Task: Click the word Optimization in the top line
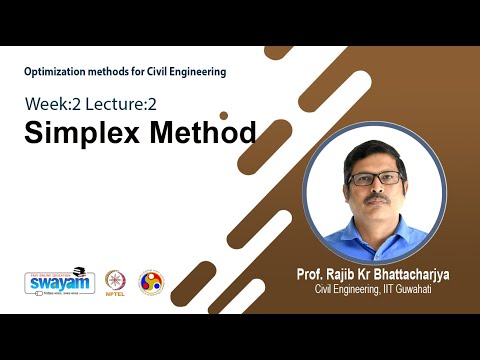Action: tap(57, 72)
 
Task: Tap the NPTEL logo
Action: tap(118, 282)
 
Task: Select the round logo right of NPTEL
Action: tap(150, 282)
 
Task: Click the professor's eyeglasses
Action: tap(375, 178)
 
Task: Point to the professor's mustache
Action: tap(376, 198)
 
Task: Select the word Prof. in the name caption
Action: tap(310, 275)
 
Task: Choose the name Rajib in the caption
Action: tap(344, 275)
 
